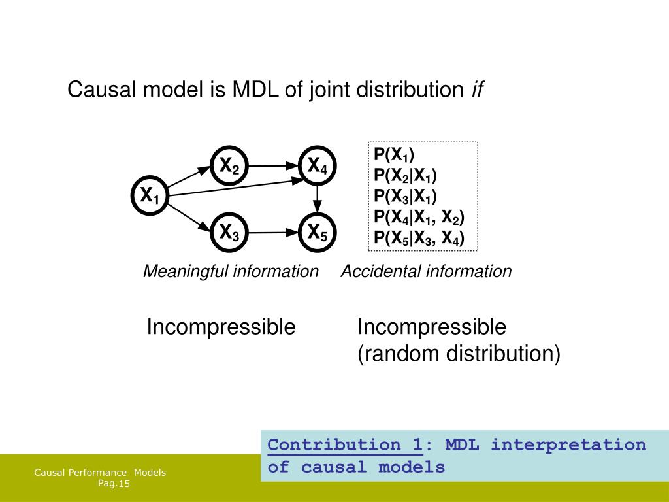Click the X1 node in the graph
pyautogui.click(x=150, y=195)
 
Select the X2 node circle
pyautogui.click(x=229, y=167)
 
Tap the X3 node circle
pyautogui.click(x=229, y=231)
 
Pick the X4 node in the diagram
pyautogui.click(x=318, y=167)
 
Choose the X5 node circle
pyautogui.click(x=318, y=231)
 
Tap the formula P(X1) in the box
pyautogui.click(x=394, y=155)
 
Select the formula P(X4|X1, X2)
pyautogui.click(x=419, y=218)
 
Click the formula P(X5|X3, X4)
pyautogui.click(x=419, y=239)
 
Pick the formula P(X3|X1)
pyautogui.click(x=405, y=197)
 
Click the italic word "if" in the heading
pyautogui.click(x=477, y=90)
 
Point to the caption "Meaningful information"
pyautogui.click(x=231, y=271)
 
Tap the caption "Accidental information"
pyautogui.click(x=426, y=271)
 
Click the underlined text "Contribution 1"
pyautogui.click(x=344, y=445)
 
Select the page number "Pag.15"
pyautogui.click(x=114, y=484)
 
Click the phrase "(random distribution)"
pyautogui.click(x=459, y=354)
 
